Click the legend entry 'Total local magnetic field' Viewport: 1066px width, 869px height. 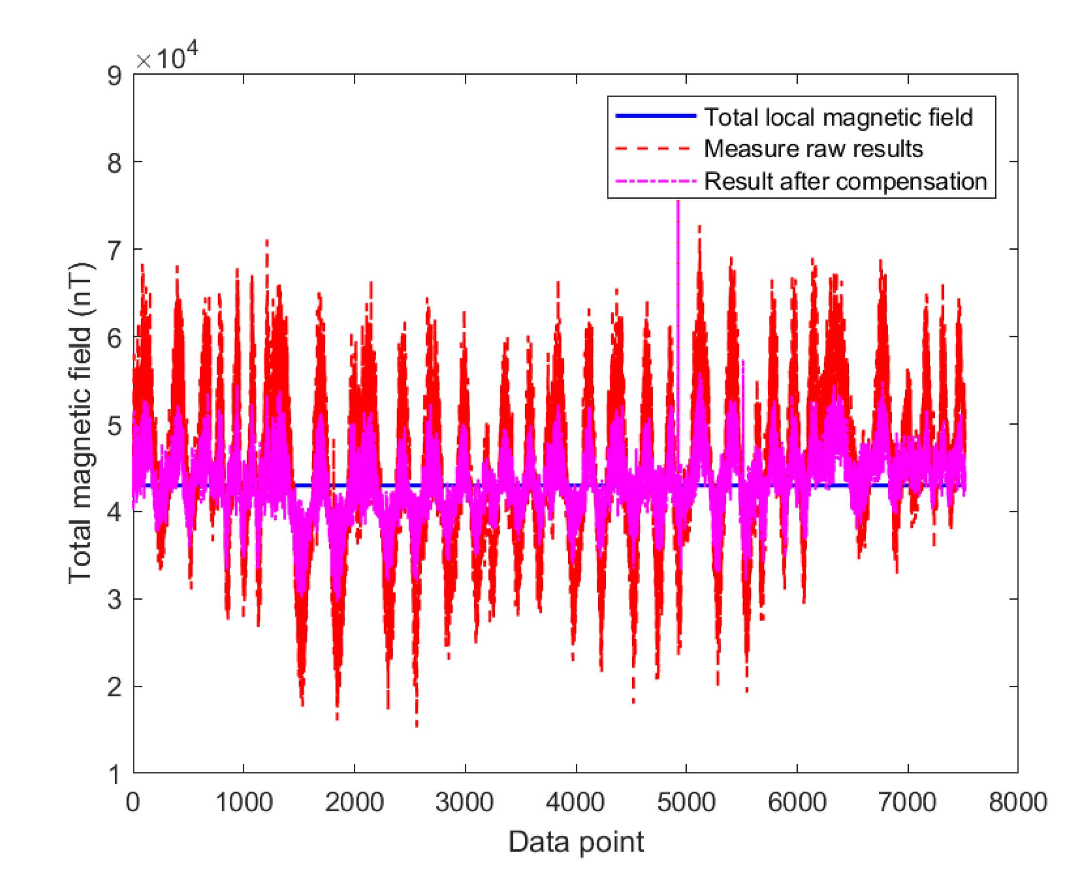[x=838, y=117]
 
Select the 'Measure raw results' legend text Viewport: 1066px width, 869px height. [x=813, y=149]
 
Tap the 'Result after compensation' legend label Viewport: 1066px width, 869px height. [x=845, y=181]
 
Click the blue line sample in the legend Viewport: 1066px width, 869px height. [x=655, y=116]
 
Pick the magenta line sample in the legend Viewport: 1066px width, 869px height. [x=655, y=181]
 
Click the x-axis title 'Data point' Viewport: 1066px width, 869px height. [x=576, y=841]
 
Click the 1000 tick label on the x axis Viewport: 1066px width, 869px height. [x=244, y=803]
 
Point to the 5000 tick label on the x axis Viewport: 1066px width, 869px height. [x=686, y=803]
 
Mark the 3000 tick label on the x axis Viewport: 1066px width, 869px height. [x=465, y=803]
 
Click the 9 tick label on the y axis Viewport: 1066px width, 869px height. [x=114, y=76]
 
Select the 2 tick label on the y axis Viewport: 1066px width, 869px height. [x=114, y=687]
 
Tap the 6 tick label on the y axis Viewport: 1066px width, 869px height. [x=114, y=338]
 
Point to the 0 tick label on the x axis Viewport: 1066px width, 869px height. [x=133, y=803]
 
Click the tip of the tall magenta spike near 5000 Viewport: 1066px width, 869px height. [x=678, y=202]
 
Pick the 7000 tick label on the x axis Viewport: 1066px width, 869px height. [x=907, y=803]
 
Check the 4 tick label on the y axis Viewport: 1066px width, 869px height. [x=114, y=513]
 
